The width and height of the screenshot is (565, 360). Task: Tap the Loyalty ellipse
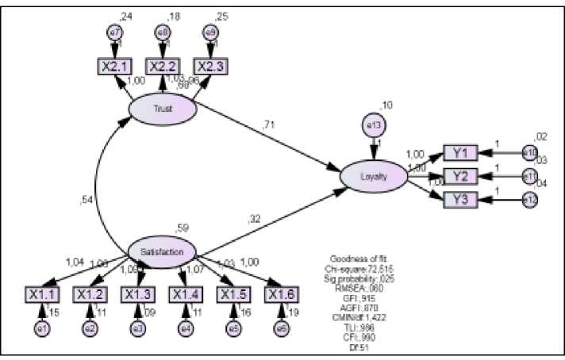tap(374, 176)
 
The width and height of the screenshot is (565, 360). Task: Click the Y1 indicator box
tap(460, 152)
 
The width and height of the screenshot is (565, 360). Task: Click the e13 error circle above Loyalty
tap(373, 124)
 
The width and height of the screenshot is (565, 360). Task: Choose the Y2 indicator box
tap(460, 175)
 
